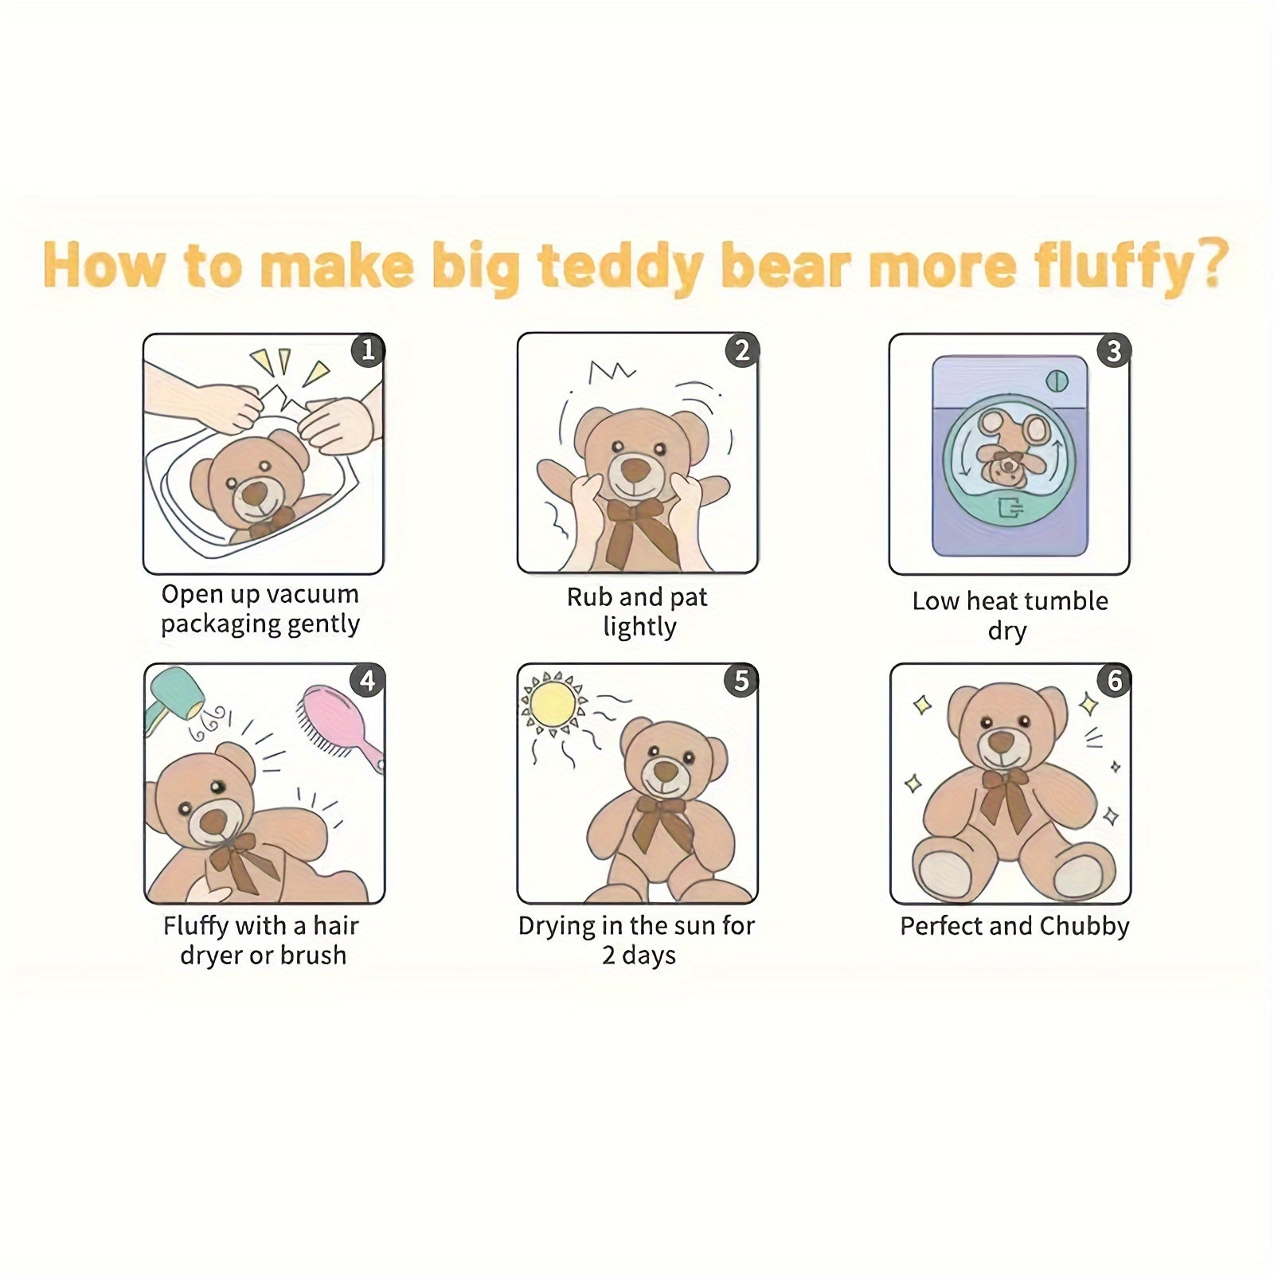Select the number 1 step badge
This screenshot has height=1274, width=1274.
point(367,350)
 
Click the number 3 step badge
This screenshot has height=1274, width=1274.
point(1114,350)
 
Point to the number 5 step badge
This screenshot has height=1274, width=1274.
point(741,681)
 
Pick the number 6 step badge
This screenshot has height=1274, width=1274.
point(1115,681)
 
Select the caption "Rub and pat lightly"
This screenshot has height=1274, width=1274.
point(638,612)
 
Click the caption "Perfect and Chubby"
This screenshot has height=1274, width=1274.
point(1014,926)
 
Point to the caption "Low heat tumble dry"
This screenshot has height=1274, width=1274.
point(1010,615)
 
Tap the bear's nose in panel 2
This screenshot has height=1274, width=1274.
point(634,467)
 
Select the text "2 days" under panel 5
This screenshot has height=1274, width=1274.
point(639,955)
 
